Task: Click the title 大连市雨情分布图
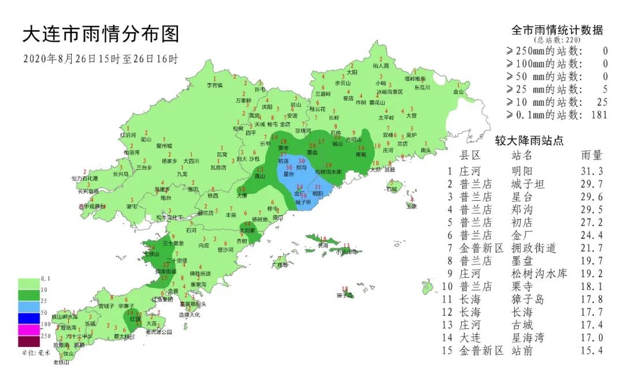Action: [x=101, y=35]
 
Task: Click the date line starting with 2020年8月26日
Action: [x=101, y=59]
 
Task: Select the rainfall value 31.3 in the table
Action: [x=592, y=171]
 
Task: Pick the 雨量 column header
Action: [x=592, y=155]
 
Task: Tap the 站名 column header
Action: [x=523, y=155]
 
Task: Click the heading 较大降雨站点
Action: [x=529, y=140]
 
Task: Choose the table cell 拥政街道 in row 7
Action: [x=534, y=248]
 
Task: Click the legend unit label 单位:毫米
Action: [x=36, y=352]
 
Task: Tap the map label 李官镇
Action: [x=215, y=85]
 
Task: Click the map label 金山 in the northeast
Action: [x=458, y=91]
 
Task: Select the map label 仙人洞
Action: [x=381, y=66]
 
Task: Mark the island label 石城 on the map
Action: [x=392, y=189]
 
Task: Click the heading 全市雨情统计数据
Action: [x=557, y=30]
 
